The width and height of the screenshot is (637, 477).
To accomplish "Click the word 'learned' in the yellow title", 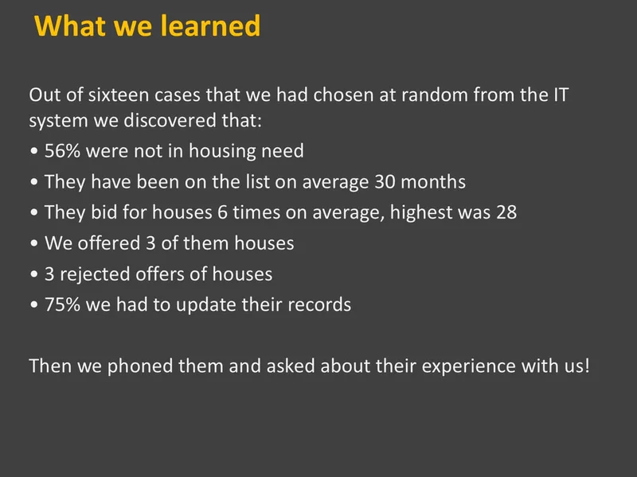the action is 210,25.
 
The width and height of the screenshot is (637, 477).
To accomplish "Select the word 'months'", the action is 433,182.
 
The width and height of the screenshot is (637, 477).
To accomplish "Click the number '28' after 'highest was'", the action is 506,212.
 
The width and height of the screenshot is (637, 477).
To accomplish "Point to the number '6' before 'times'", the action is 222,212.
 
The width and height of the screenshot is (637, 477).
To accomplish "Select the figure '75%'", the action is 62,304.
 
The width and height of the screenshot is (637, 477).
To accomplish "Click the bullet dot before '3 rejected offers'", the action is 34,274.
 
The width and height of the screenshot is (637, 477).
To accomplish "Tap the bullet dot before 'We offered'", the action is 34,243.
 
